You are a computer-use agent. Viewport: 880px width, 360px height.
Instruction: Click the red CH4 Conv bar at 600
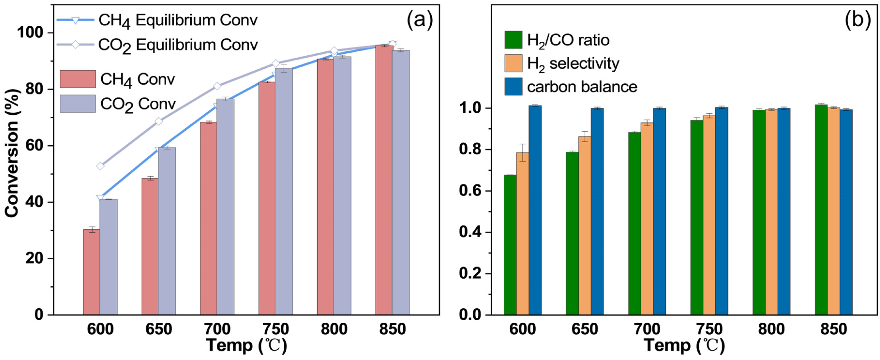click(92, 272)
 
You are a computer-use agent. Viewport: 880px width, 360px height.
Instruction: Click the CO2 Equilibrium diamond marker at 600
click(100, 166)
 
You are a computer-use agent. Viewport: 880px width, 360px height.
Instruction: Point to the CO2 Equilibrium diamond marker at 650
click(159, 121)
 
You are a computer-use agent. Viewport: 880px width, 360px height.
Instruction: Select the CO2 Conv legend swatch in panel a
click(78, 104)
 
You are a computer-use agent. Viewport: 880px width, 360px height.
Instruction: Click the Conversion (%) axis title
click(12, 153)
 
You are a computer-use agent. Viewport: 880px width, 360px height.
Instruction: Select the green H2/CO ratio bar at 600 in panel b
click(510, 244)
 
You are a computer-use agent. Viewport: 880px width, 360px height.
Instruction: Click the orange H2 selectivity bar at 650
click(585, 225)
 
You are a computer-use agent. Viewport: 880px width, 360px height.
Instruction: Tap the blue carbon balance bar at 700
click(659, 211)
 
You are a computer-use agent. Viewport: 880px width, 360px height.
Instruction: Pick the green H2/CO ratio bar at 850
click(821, 209)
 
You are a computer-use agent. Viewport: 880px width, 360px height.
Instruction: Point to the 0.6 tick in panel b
click(470, 191)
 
